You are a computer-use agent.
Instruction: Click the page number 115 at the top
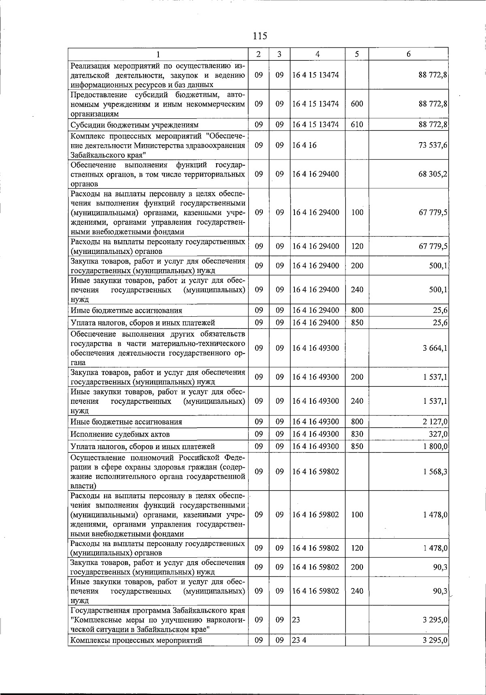(x=260, y=36)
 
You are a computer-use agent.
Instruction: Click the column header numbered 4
(x=318, y=54)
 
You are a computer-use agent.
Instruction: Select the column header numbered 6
(x=408, y=54)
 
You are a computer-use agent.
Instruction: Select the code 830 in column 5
(x=357, y=434)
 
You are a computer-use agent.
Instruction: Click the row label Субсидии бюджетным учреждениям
(x=134, y=125)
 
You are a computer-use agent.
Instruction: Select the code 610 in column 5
(x=357, y=125)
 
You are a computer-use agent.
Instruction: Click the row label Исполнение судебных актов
(x=120, y=434)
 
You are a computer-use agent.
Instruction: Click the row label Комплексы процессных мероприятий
(x=136, y=640)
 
